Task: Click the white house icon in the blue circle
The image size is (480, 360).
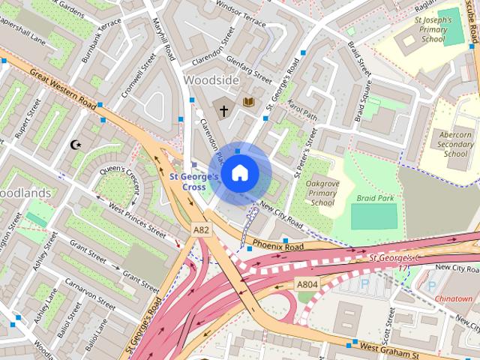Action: pos(239,173)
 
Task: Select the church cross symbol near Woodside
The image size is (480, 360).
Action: pos(223,110)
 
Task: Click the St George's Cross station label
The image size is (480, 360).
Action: pos(193,181)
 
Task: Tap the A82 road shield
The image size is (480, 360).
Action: pos(200,229)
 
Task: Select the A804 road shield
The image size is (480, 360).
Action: pos(306,284)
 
